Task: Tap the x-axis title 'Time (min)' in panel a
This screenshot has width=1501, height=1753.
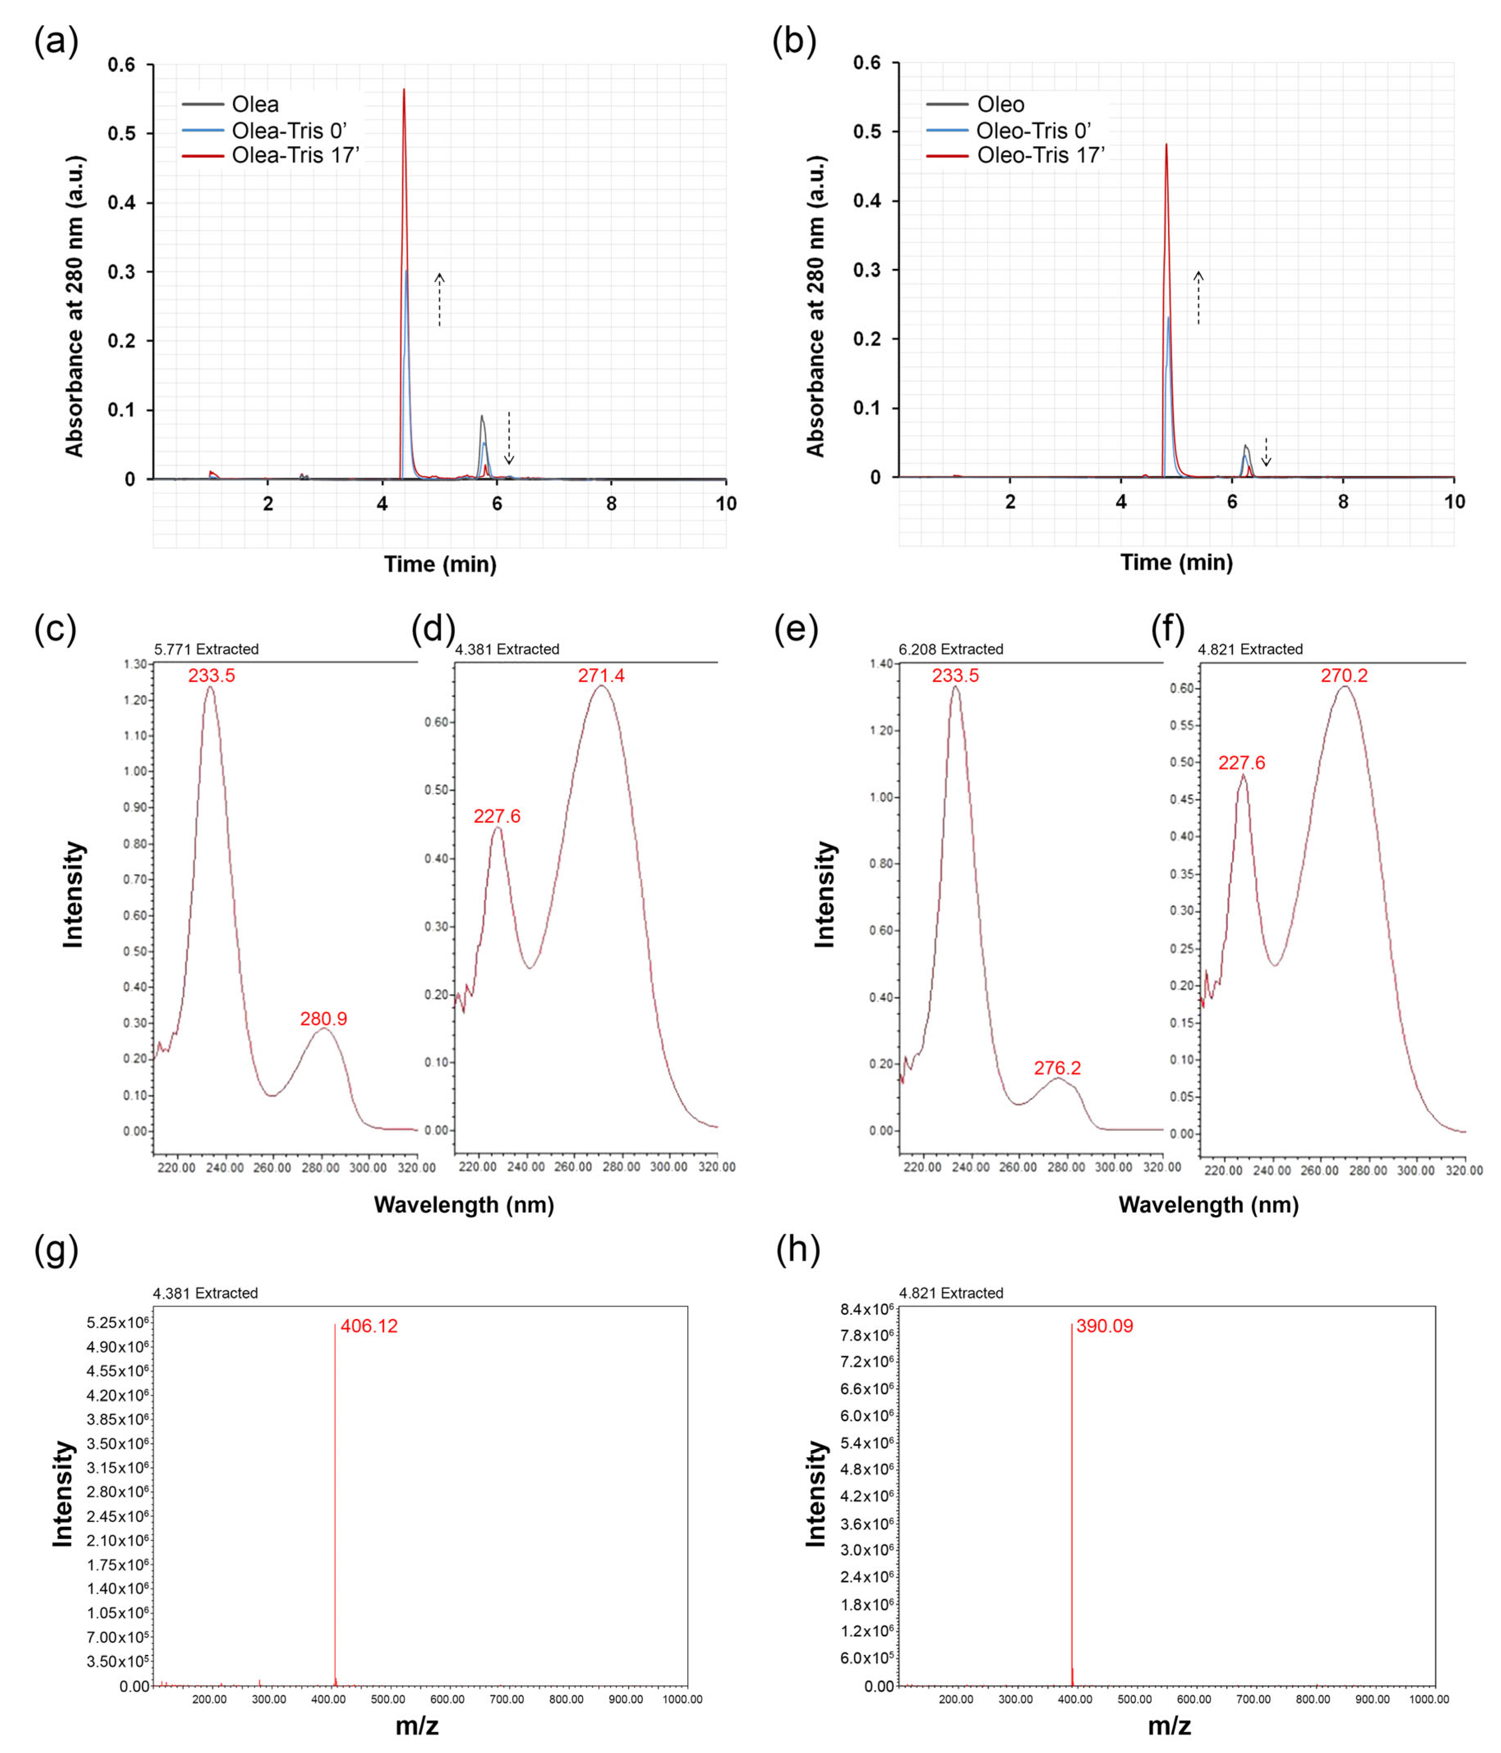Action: (x=440, y=564)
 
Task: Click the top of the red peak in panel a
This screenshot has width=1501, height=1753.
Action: (x=404, y=90)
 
